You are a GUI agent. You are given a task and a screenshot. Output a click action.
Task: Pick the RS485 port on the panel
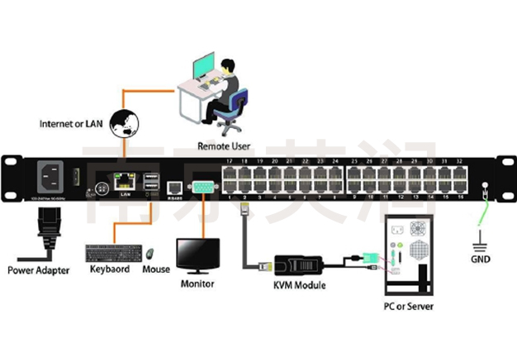pos(175,189)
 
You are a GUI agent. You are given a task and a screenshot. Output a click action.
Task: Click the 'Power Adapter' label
pos(39,269)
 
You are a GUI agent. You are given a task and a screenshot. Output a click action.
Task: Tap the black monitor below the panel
pos(198,255)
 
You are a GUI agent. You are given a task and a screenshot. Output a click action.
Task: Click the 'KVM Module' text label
pos(298,285)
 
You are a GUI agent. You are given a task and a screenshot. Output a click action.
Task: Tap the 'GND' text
pos(481,259)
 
